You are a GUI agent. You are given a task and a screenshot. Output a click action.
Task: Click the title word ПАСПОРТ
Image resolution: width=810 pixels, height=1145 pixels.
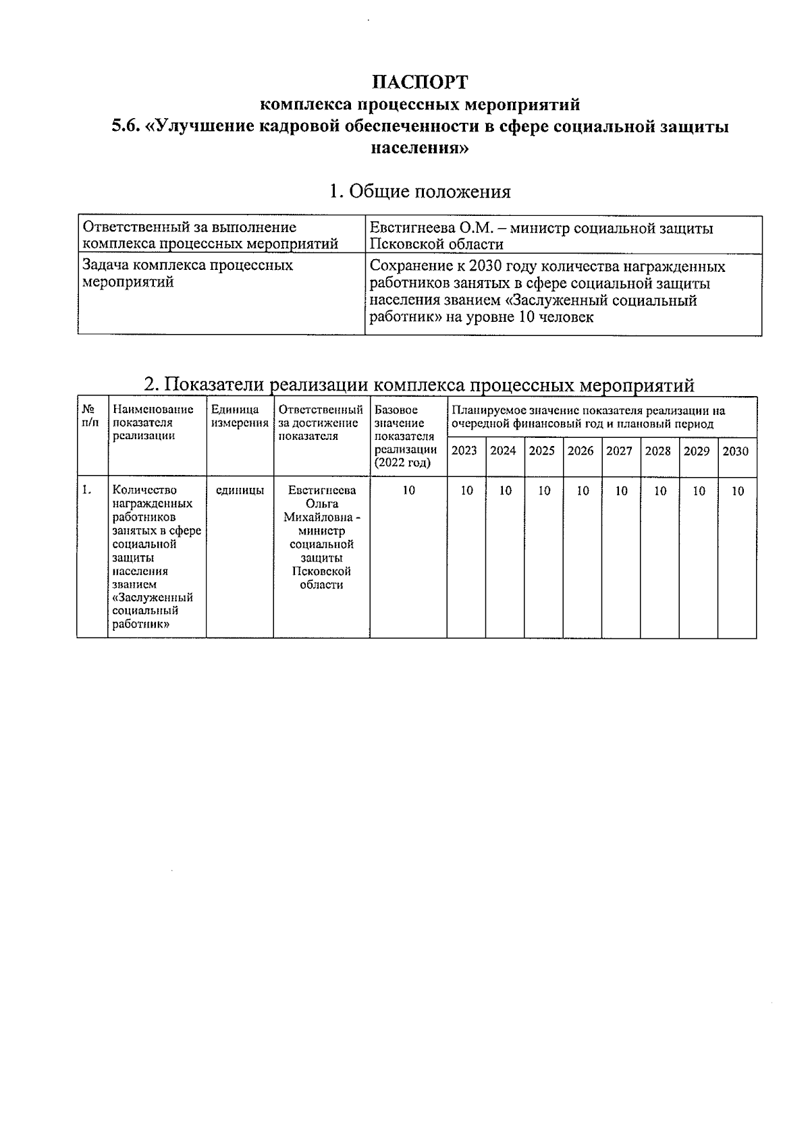(x=420, y=82)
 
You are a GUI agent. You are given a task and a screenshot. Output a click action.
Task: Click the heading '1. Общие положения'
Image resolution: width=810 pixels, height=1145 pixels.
(x=420, y=192)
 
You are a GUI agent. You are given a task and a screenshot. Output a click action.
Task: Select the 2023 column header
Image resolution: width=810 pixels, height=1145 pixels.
(x=464, y=451)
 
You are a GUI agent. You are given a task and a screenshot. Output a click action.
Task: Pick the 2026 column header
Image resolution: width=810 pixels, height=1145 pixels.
(x=580, y=451)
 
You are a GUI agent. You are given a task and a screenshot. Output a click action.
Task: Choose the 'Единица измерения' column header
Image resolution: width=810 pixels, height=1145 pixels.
(x=239, y=416)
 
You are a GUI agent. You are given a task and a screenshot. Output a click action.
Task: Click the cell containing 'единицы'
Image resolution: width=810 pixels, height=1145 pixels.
(x=240, y=491)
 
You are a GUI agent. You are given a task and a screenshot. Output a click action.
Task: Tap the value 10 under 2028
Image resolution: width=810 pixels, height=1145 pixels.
(x=659, y=491)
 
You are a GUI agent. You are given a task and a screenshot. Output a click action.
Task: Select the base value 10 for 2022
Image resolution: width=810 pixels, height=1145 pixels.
(x=408, y=491)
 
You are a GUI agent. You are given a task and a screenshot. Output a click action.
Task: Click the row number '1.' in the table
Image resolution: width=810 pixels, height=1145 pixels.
(x=86, y=491)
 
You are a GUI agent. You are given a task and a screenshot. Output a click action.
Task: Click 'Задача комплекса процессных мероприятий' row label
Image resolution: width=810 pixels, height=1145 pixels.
(x=188, y=273)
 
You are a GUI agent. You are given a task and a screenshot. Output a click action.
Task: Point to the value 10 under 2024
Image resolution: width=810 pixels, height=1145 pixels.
(x=505, y=491)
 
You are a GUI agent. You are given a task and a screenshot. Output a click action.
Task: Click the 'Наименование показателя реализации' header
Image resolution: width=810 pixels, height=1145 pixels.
(x=153, y=422)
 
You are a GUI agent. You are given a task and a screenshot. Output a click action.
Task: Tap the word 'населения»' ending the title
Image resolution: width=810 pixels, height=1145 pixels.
(x=420, y=148)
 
